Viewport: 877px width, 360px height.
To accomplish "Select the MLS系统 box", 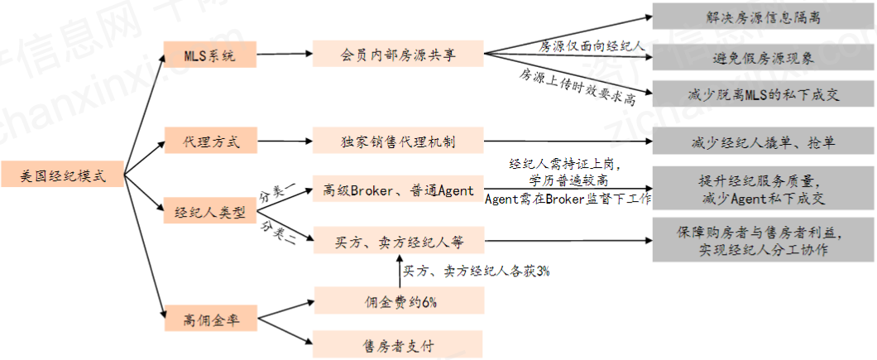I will [x=210, y=56].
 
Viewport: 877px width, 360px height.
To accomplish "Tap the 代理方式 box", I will [x=210, y=142].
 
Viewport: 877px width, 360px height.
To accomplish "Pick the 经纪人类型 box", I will [x=210, y=211].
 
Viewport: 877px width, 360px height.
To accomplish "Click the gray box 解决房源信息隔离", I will [x=763, y=16].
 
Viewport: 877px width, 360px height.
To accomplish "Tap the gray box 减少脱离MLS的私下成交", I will [x=763, y=94].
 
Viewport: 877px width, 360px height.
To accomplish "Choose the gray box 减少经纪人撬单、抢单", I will [x=763, y=142].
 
